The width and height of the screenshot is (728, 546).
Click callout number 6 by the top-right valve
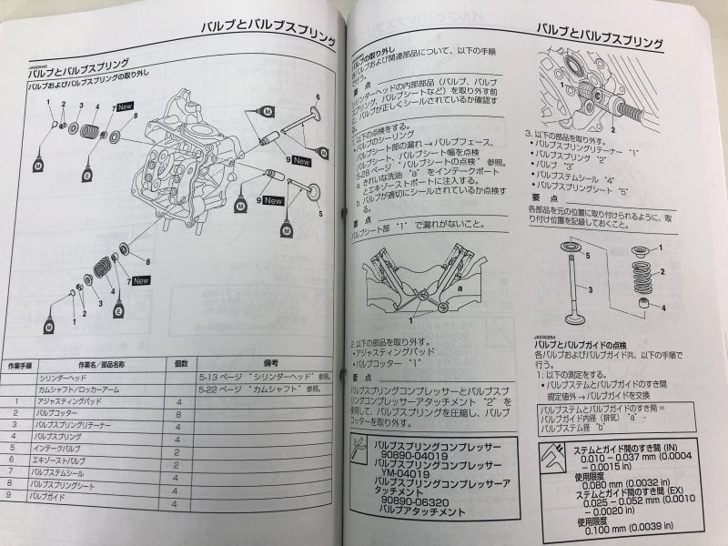tap(318, 96)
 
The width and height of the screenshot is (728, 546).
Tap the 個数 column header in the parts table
tap(181, 362)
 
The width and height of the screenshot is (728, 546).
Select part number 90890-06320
tap(414, 501)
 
